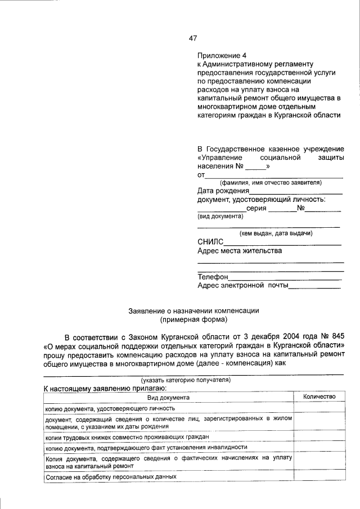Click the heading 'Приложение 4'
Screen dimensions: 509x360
point(222,56)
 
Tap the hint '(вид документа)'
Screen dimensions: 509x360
point(220,216)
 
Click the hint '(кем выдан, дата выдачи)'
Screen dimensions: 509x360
point(276,233)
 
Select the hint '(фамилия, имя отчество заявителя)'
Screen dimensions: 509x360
point(270,182)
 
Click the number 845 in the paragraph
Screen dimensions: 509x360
point(334,336)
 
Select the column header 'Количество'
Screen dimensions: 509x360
point(319,397)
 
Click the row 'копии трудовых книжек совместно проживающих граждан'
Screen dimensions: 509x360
point(127,436)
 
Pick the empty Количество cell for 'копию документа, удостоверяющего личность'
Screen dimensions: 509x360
point(319,408)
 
